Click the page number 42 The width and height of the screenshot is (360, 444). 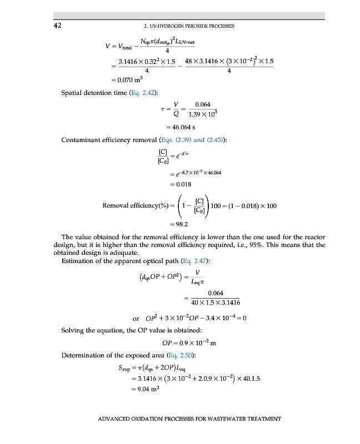point(58,26)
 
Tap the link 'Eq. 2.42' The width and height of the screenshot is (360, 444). point(143,92)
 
